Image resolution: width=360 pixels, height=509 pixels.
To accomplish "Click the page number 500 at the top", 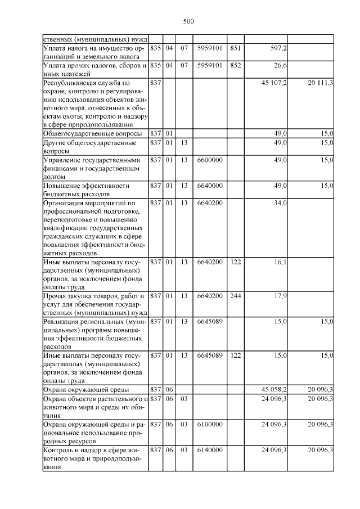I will pos(188,21).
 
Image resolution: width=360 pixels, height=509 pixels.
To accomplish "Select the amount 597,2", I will pos(278,48).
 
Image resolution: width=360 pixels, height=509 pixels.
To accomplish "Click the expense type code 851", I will pos(236,48).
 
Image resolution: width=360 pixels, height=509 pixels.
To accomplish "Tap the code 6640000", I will pos(210,185).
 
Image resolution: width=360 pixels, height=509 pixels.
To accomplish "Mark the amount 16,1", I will pos(281,262).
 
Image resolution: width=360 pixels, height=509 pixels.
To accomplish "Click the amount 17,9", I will pos(281,296).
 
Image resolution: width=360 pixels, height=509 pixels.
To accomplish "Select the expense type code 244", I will pos(236,296).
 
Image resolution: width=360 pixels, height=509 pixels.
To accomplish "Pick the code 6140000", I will pos(210,449).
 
